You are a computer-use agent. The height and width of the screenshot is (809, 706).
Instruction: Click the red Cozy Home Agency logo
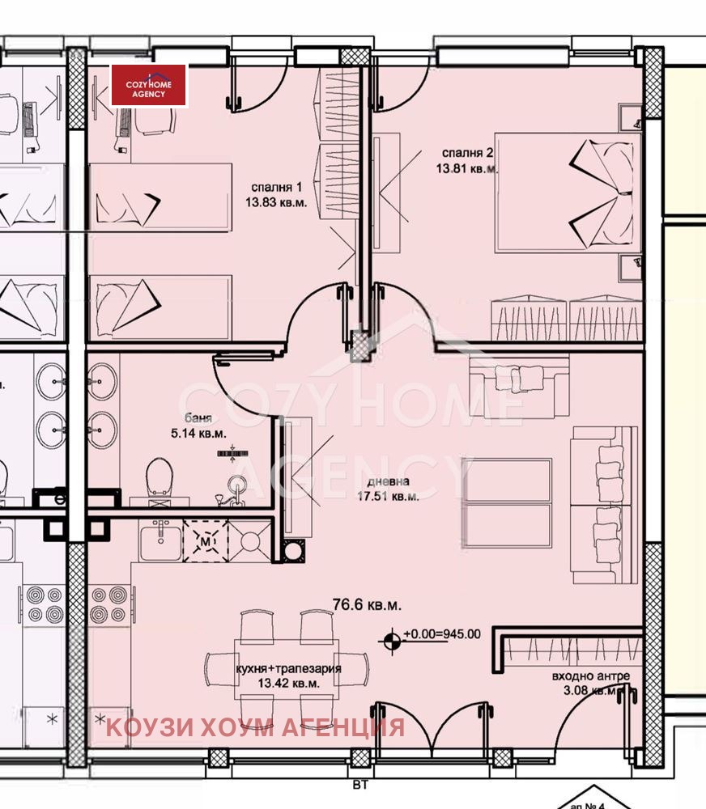[x=149, y=86]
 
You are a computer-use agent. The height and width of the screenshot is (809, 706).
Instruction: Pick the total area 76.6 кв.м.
[x=367, y=604]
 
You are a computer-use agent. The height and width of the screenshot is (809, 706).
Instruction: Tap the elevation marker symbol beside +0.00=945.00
[x=393, y=640]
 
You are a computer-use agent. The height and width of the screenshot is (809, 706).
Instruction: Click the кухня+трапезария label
[x=288, y=669]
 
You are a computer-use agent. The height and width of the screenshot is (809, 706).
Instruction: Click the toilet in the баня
[x=161, y=477]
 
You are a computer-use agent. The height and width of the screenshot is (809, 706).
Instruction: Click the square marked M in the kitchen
[x=206, y=540]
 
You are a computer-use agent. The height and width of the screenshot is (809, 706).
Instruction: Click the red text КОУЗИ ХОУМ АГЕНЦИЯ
[x=255, y=726]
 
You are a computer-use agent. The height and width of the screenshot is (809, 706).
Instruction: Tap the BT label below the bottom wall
[x=357, y=782]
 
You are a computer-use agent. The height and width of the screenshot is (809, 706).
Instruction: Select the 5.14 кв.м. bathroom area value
[x=198, y=434]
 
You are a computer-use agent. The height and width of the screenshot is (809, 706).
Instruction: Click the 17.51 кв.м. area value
[x=389, y=497]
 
